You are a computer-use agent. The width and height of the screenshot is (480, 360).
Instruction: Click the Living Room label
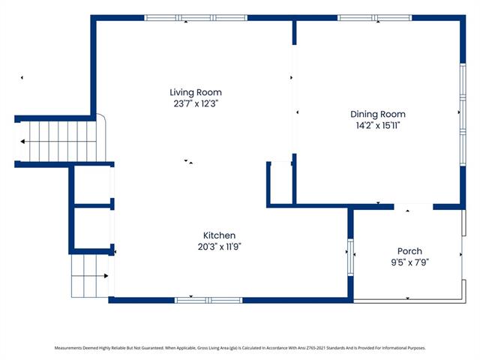(x=196, y=92)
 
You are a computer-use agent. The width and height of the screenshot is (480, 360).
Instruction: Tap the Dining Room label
(x=378, y=114)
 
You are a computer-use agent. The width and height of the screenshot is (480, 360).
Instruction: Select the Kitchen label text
(x=219, y=235)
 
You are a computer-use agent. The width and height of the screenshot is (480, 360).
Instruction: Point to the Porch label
(x=409, y=251)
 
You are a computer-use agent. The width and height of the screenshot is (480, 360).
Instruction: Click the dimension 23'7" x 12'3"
(x=196, y=103)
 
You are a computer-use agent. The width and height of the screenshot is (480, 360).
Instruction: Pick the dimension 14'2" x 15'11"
(x=378, y=125)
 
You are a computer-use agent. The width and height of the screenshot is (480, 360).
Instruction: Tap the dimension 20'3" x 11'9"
(x=220, y=247)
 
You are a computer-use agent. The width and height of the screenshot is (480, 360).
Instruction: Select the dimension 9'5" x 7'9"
(x=410, y=262)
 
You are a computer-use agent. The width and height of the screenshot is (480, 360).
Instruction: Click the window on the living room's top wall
(x=196, y=18)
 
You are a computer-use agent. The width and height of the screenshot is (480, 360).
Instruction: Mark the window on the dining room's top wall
(x=375, y=18)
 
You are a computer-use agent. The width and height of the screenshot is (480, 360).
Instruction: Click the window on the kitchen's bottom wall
(x=208, y=300)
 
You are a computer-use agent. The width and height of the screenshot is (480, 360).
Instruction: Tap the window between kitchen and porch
(x=350, y=257)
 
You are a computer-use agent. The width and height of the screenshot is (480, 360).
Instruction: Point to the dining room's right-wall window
(x=463, y=115)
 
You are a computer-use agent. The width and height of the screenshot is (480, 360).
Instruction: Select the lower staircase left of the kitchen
(x=90, y=276)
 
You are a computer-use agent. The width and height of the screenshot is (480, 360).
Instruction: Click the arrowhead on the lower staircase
(x=106, y=276)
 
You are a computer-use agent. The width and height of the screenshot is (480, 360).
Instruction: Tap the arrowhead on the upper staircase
(x=22, y=142)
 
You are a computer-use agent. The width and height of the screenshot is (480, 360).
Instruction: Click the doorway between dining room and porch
(x=413, y=207)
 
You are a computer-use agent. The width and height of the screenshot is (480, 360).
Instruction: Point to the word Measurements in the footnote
(x=68, y=348)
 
